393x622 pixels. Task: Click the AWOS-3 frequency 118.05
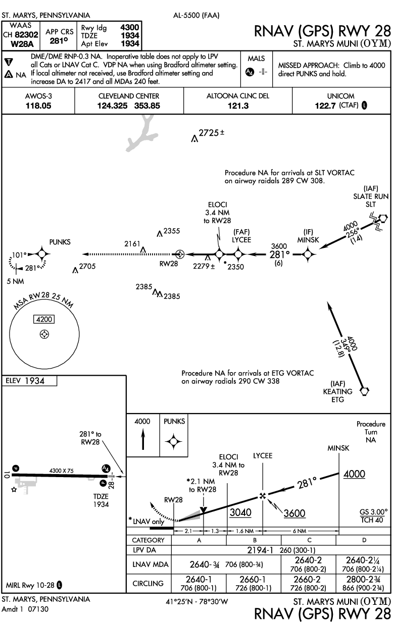[x=38, y=106]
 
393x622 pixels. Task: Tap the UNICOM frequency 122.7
[x=327, y=106]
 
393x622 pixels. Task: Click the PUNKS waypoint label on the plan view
[x=60, y=242]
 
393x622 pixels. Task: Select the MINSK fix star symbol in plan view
[x=308, y=254]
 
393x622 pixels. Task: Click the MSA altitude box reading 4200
[x=44, y=319]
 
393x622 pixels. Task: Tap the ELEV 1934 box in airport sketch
[x=30, y=381]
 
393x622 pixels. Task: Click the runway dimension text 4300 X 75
[x=61, y=471]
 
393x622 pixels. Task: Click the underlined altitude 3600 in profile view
[x=294, y=513]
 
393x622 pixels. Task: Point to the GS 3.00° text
[x=374, y=511]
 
